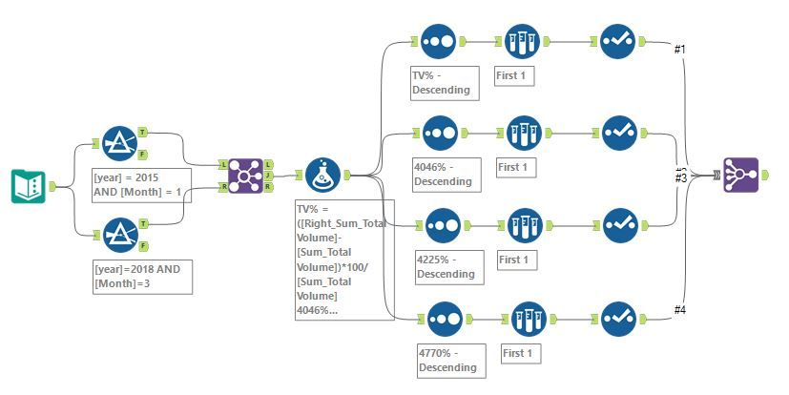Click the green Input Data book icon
(x=29, y=185)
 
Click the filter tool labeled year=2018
(x=119, y=235)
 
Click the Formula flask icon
(x=324, y=176)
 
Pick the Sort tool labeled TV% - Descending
(x=440, y=41)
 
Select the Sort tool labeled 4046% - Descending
(x=440, y=135)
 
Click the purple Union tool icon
(x=740, y=176)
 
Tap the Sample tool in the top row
(x=522, y=41)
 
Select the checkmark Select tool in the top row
(x=618, y=41)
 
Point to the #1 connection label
(x=680, y=49)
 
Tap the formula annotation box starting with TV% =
(x=344, y=260)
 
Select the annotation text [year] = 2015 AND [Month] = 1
(x=140, y=184)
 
